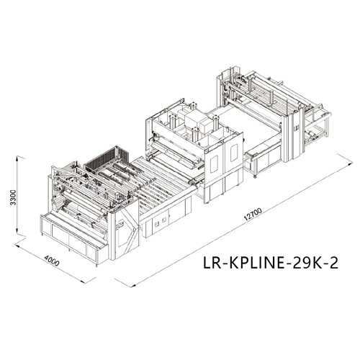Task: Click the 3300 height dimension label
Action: coord(13,197)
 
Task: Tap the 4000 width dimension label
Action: coord(52,261)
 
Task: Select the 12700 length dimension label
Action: coord(253,215)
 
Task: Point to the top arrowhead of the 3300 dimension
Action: coord(17,158)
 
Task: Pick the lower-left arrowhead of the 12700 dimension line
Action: coord(133,285)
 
